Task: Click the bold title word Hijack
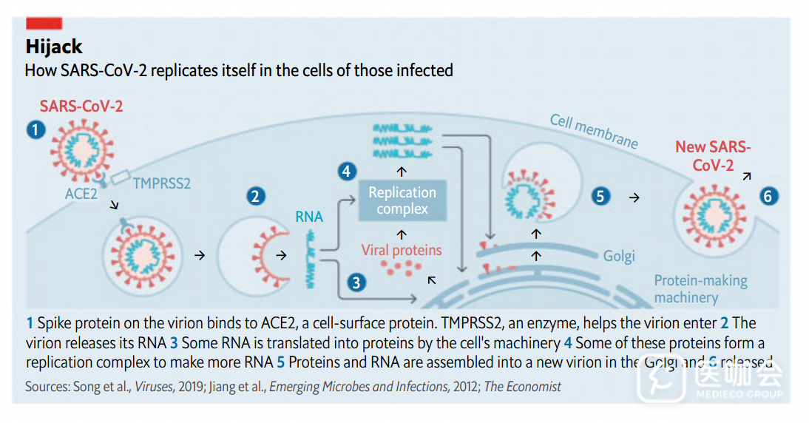pos(54,47)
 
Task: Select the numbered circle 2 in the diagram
pos(256,197)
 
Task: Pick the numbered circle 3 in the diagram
pos(356,282)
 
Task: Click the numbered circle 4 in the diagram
pos(346,172)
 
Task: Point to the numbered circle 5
pos(601,197)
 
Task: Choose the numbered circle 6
pos(768,196)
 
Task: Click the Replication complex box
pos(402,200)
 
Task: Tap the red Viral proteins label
pos(402,250)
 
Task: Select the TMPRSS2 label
pos(161,183)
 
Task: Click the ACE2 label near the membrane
pos(81,194)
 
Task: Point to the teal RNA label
pos(309,217)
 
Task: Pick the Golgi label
pos(618,257)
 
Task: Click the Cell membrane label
pos(594,132)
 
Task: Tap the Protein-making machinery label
pos(700,289)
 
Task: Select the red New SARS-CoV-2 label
pos(712,156)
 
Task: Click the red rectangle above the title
pos(44,24)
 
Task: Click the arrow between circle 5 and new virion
pos(634,197)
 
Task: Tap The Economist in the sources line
pos(522,387)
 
